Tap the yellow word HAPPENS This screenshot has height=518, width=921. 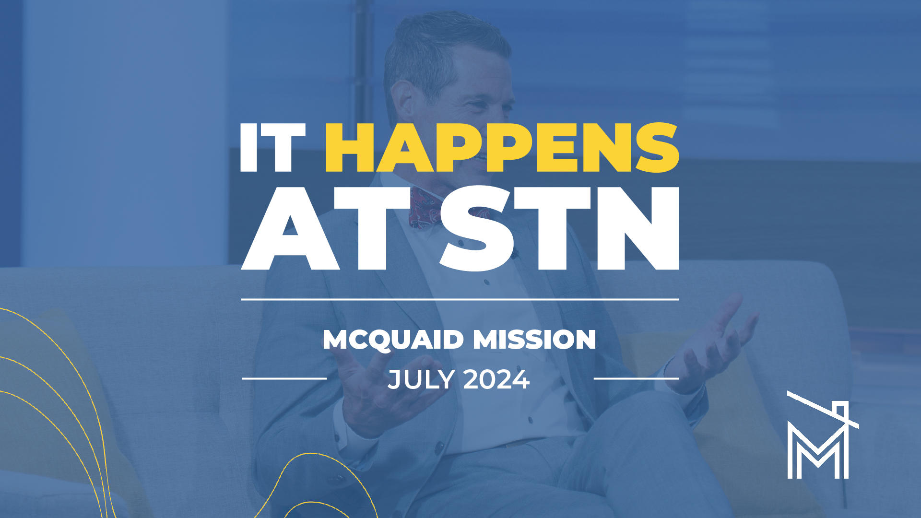[x=502, y=147]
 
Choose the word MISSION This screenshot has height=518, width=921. [x=534, y=340]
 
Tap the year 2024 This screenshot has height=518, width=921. [x=496, y=380]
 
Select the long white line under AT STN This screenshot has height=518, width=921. [x=460, y=299]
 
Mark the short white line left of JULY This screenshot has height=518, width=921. [x=284, y=378]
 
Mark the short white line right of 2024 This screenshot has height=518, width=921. [x=636, y=378]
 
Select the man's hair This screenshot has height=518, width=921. [x=432, y=48]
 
